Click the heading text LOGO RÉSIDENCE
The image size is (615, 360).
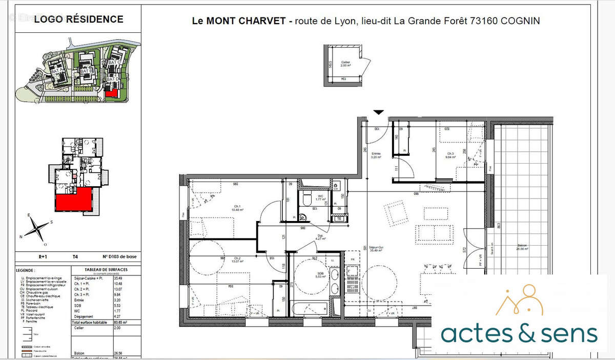click(78, 19)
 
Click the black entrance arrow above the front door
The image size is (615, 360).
click(378, 112)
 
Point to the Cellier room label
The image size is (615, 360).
click(346, 63)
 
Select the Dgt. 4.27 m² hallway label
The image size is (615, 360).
click(320, 236)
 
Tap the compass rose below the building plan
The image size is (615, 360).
click(35, 228)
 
